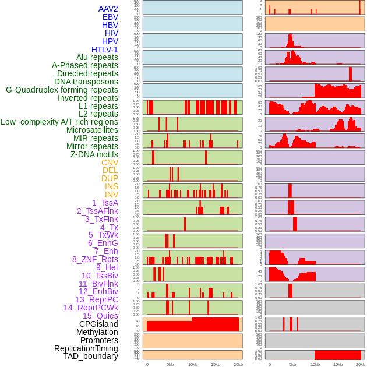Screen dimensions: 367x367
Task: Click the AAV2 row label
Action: [x=108, y=9]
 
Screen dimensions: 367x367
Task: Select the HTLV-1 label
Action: [x=104, y=50]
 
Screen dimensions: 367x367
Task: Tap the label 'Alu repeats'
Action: [x=97, y=57]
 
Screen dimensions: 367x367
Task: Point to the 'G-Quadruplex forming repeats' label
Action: [x=62, y=90]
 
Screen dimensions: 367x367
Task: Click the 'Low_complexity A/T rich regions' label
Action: [x=59, y=122]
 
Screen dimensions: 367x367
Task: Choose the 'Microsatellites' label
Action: [x=92, y=130]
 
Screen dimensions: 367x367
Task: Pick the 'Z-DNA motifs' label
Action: [x=94, y=154]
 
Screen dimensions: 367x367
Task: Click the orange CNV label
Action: [x=110, y=163]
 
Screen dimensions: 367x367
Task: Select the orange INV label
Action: [x=111, y=195]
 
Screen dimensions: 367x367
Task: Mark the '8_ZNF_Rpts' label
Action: [x=95, y=259]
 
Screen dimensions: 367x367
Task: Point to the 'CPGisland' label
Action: [x=98, y=324]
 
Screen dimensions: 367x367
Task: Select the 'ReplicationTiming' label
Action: [x=86, y=348]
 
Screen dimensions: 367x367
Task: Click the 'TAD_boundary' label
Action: [x=91, y=356]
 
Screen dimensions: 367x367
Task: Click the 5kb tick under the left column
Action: [x=170, y=364]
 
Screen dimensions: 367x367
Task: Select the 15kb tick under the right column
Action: [x=338, y=364]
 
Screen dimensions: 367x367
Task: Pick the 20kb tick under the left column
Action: [x=238, y=364]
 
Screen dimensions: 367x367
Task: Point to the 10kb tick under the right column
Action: [x=315, y=364]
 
